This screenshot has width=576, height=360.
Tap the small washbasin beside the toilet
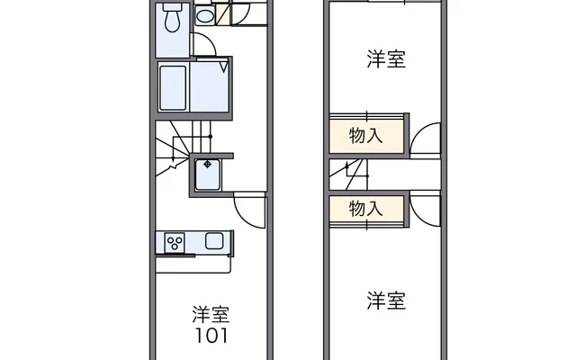click(205, 16)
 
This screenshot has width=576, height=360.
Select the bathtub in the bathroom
click(173, 87)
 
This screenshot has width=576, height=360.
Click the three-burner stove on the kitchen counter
click(175, 241)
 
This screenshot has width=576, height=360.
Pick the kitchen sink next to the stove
click(215, 241)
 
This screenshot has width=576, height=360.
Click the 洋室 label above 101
click(210, 315)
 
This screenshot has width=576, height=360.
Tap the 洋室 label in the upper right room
click(385, 60)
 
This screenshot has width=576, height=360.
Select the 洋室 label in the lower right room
click(385, 299)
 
